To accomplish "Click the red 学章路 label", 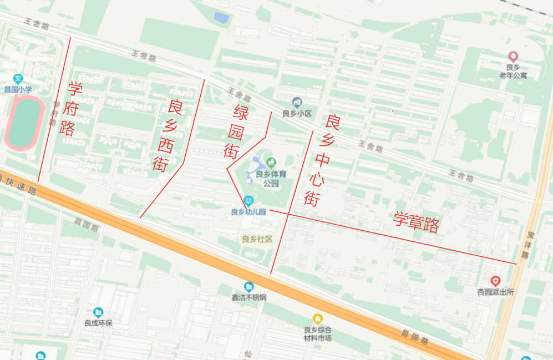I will tap(416, 222).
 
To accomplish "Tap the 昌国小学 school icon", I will tap(18, 79).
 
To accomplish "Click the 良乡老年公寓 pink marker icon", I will tap(513, 56).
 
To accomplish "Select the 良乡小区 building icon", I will tap(297, 103).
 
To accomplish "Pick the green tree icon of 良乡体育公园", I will tap(271, 163).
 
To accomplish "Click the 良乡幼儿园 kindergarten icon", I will tap(249, 201).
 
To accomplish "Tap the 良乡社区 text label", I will tap(257, 240).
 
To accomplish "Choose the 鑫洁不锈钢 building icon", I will tap(249, 287).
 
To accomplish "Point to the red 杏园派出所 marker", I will tap(495, 281).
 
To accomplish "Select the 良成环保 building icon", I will tap(98, 312).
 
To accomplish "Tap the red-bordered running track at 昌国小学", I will tap(24, 122).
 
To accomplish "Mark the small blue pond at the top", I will tap(222, 18).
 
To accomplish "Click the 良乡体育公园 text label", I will tap(271, 179).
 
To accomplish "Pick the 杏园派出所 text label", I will tap(495, 292).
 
